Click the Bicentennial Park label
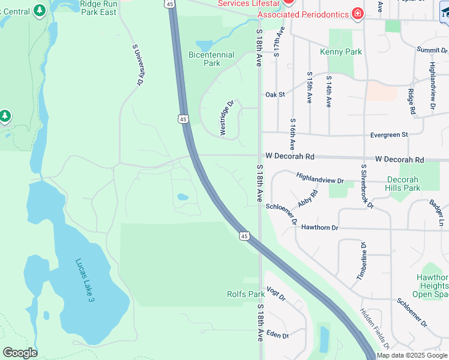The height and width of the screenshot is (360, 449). coord(211,59)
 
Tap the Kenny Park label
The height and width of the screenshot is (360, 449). coord(340,52)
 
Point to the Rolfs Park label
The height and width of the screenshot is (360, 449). coord(246,294)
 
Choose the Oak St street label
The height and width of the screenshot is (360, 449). coord(275,94)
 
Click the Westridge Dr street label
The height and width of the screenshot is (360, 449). coord(226,118)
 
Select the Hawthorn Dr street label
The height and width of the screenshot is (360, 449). coord(319,228)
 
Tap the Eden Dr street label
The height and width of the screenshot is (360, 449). coord(277,335)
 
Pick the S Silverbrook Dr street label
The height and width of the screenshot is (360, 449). coord(367,186)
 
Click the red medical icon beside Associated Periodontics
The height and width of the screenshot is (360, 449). coord(358,13)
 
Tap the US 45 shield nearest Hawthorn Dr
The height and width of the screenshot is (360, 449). coord(244,236)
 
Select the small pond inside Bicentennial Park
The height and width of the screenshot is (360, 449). coord(205,46)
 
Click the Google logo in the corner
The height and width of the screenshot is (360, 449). coord(19,353)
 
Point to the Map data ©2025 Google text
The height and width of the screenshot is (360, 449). coord(412,355)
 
